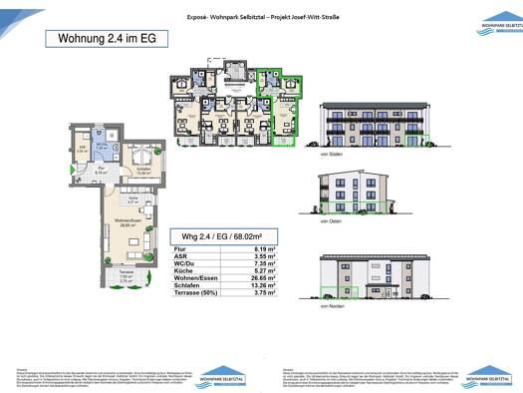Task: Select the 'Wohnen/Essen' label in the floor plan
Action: (126, 222)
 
